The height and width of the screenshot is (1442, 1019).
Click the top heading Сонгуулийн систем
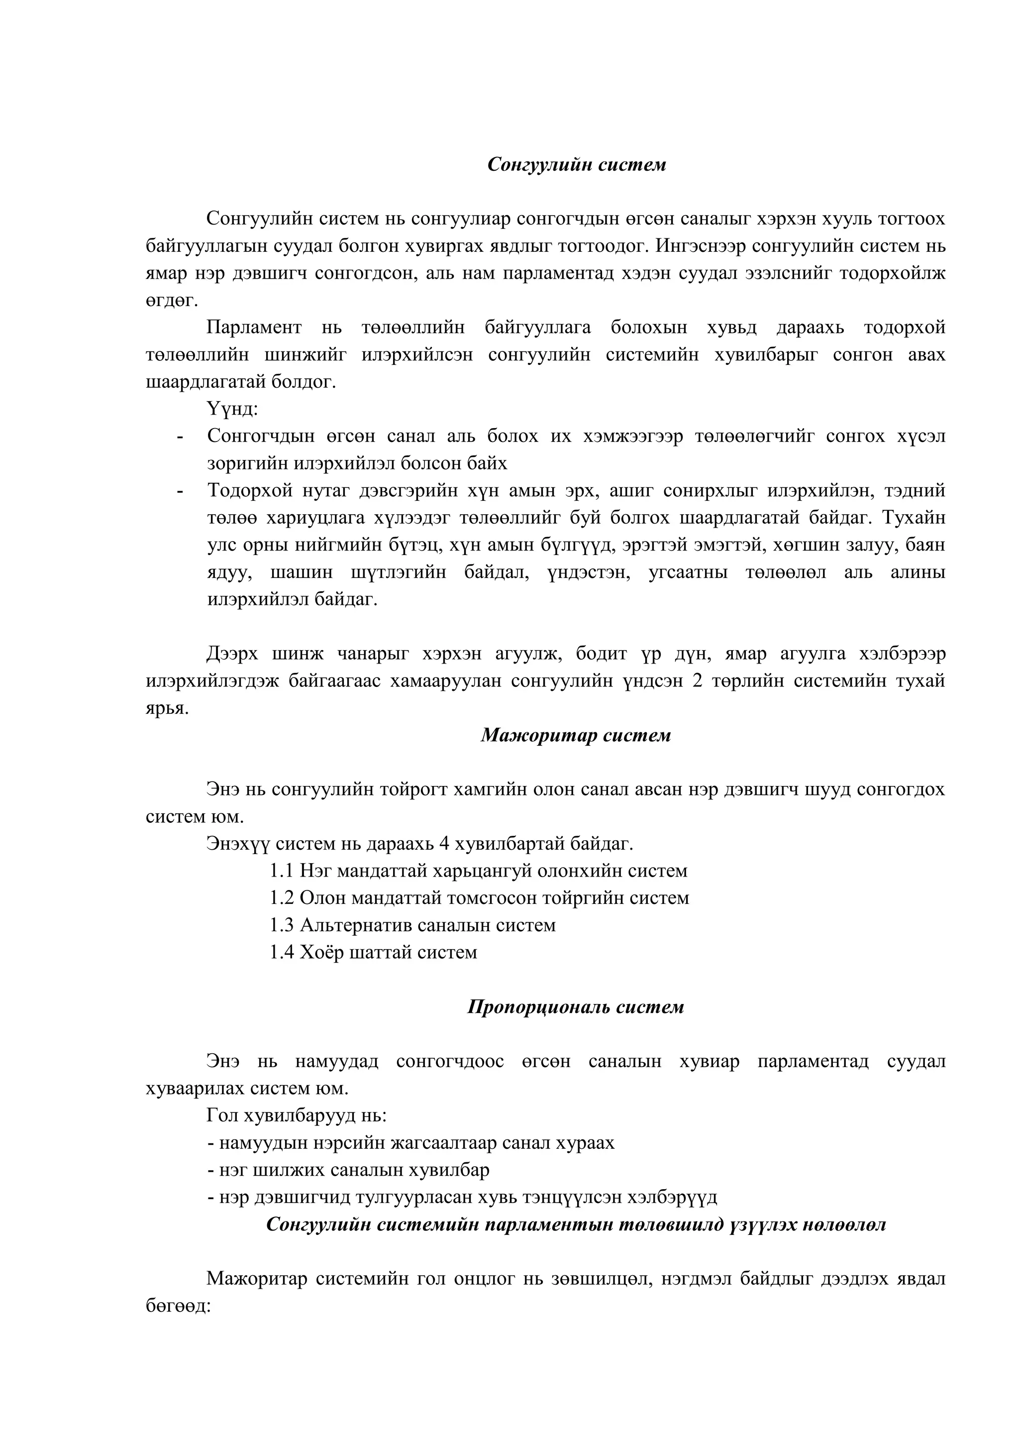(x=576, y=165)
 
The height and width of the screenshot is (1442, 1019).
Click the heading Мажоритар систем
(x=576, y=736)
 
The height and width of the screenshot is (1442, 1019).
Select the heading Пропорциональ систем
(x=576, y=1007)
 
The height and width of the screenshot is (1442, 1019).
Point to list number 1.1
(x=282, y=871)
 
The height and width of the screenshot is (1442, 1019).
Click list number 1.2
(x=282, y=898)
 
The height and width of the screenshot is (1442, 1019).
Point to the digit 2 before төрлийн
(x=697, y=681)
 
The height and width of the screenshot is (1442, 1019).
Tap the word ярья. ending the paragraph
(x=167, y=708)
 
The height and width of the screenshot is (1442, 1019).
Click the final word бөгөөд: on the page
(x=178, y=1306)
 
